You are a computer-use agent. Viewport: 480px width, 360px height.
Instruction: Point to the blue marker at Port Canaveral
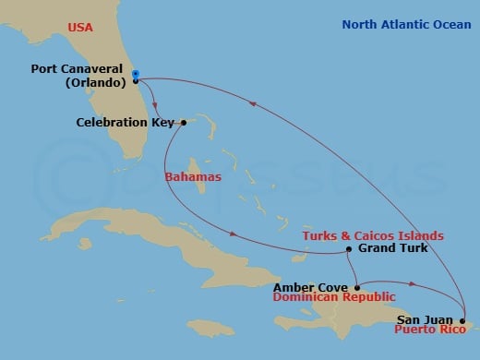[135, 75]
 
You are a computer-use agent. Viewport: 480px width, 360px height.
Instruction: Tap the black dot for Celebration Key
[184, 122]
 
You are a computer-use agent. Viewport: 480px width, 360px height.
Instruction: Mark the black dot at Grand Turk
[348, 249]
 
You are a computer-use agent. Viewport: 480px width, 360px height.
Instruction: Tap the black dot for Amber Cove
[356, 286]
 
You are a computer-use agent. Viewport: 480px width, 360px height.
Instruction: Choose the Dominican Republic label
[335, 297]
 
